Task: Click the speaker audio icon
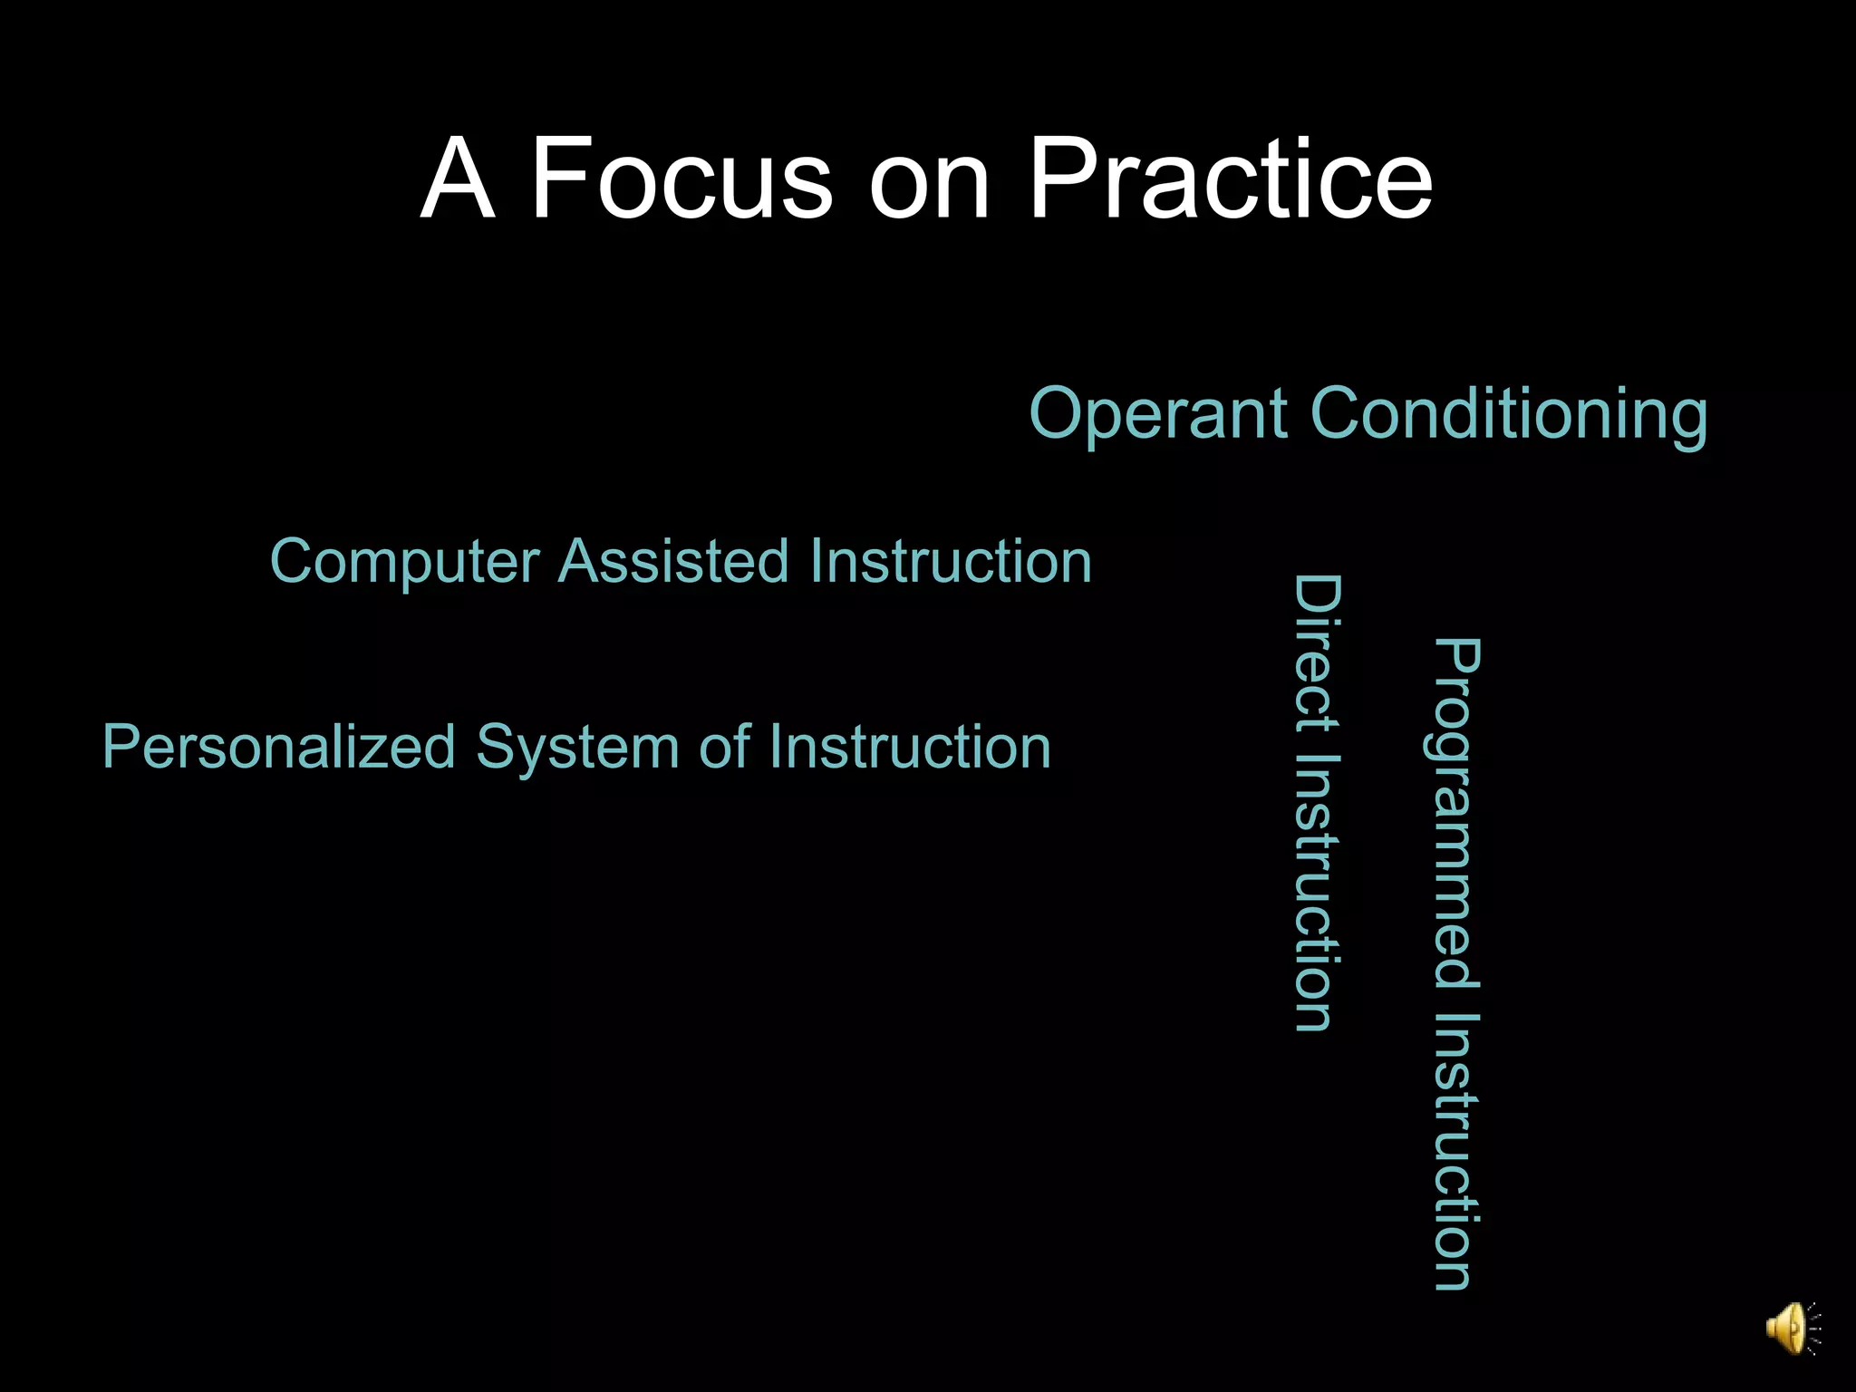(x=1791, y=1329)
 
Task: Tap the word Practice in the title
(x=1230, y=179)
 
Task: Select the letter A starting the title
(x=458, y=179)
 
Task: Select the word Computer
(x=404, y=562)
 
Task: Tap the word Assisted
(x=674, y=561)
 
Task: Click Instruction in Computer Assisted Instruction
(x=951, y=561)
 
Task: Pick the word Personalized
(x=278, y=748)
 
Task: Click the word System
(x=577, y=748)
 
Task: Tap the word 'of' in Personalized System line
(x=724, y=748)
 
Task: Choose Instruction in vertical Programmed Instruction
(x=1456, y=1151)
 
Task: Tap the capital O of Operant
(x=1057, y=413)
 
